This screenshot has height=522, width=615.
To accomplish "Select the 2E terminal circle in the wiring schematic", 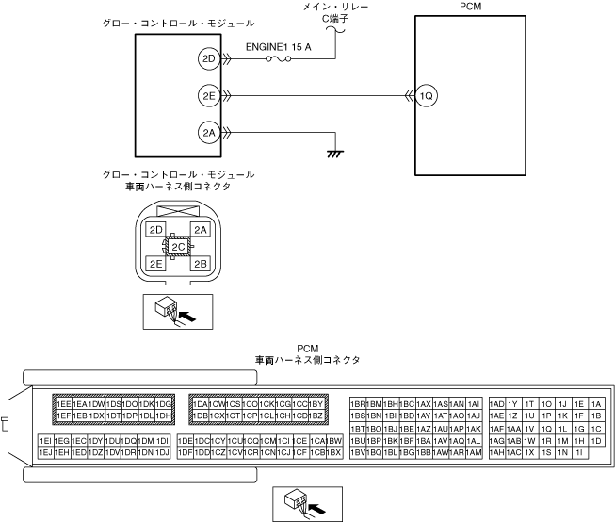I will click(208, 95).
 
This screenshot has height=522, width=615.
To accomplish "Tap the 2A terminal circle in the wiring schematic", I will click(208, 133).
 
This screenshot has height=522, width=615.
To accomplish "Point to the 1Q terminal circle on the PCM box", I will click(427, 95).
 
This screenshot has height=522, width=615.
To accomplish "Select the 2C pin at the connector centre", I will click(178, 247).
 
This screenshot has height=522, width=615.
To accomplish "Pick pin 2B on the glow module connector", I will click(200, 264).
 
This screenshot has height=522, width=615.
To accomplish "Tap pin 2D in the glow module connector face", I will click(157, 230).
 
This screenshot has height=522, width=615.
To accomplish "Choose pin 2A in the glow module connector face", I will click(200, 230).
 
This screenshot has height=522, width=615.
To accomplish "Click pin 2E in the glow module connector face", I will click(157, 264).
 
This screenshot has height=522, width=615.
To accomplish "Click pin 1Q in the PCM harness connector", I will click(546, 428).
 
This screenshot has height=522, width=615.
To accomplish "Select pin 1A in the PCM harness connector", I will click(594, 403).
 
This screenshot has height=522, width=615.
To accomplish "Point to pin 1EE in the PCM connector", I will click(64, 403).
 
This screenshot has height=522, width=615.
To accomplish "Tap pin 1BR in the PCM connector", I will click(357, 403).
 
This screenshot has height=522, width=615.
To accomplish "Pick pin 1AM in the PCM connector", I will click(474, 452).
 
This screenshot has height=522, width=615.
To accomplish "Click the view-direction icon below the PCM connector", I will click(303, 503).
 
